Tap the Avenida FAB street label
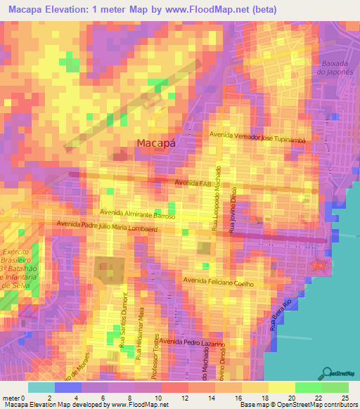click(192, 183)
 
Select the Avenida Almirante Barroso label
click(137, 211)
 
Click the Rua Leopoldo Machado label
click(218, 199)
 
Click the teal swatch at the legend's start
click(40, 387)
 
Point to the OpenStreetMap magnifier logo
click(327, 373)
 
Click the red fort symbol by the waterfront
click(320, 266)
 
